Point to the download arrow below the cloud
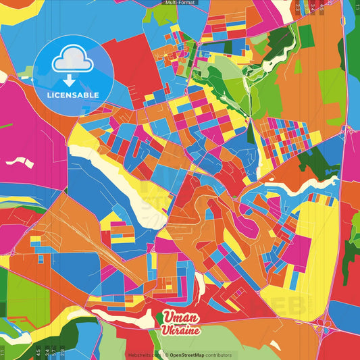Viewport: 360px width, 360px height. (69, 78)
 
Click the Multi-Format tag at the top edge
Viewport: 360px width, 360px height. (180, 3)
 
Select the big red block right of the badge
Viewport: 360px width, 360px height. (132, 63)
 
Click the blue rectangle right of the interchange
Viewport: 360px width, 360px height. (346, 315)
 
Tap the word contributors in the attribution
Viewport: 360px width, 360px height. (220, 355)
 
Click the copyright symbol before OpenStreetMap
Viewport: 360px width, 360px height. (165, 355)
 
